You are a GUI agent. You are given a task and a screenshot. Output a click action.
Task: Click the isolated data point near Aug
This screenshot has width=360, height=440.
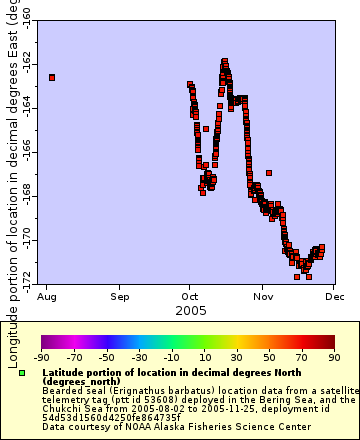51,77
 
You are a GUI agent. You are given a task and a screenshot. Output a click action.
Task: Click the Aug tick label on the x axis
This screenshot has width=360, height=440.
47,297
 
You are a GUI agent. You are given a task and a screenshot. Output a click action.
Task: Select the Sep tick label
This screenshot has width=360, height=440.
120,297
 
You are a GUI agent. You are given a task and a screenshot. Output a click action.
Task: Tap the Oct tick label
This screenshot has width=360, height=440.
190,297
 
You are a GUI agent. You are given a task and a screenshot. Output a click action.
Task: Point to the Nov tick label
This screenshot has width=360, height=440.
263,297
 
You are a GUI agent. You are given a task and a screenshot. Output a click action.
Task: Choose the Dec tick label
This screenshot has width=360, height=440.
334,297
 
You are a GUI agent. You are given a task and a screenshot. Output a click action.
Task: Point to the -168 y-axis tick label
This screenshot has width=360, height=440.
26,197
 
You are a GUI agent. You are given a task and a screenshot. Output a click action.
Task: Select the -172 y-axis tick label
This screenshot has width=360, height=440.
26,275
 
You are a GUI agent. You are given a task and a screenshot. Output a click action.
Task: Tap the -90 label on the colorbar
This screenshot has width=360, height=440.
42,356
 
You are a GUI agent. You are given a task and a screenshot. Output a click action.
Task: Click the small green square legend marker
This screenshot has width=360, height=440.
22,373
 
